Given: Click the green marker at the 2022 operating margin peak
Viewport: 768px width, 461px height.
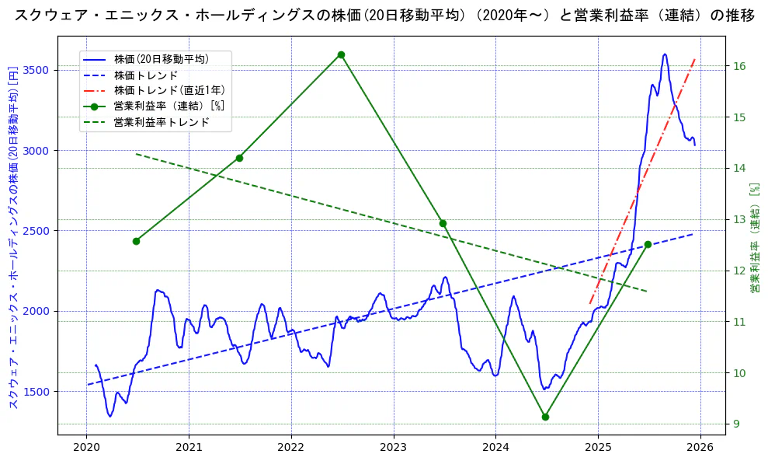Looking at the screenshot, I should (341, 54).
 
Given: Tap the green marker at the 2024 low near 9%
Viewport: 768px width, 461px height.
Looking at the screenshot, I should (545, 417).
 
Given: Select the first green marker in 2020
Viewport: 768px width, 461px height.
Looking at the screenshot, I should (136, 241).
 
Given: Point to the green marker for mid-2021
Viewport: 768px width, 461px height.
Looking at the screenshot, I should (239, 158).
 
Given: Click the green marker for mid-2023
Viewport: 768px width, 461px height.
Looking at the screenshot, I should (443, 223).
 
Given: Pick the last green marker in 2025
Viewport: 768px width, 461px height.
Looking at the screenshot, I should (648, 244).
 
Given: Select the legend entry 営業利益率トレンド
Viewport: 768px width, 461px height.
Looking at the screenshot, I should (162, 122).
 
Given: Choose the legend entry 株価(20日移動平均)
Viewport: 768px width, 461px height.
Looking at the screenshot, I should (161, 58).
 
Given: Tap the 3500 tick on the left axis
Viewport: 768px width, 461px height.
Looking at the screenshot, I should (37, 70).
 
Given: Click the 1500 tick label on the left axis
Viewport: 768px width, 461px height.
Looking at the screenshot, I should (37, 391).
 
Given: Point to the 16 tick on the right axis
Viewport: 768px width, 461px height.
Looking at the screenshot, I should (739, 66).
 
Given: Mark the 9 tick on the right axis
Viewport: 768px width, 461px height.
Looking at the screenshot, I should (736, 424).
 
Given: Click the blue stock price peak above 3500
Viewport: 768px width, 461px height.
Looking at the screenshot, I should (665, 54).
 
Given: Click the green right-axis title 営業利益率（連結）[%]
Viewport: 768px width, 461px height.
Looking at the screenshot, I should (753, 238).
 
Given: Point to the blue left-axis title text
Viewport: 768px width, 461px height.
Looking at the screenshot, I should (13, 238).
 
